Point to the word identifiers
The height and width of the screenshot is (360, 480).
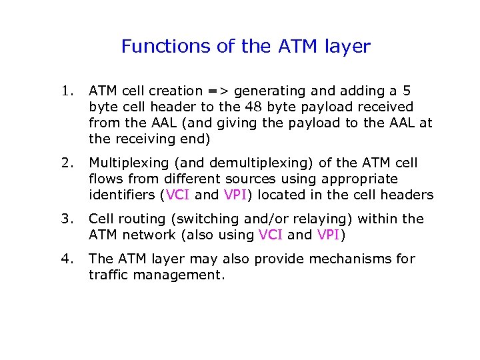(122, 195)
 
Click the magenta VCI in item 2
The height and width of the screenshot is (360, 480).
(178, 195)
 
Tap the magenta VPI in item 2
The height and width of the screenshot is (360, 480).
(234, 195)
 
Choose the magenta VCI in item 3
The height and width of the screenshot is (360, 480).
(270, 235)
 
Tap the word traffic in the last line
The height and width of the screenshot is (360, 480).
(109, 275)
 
